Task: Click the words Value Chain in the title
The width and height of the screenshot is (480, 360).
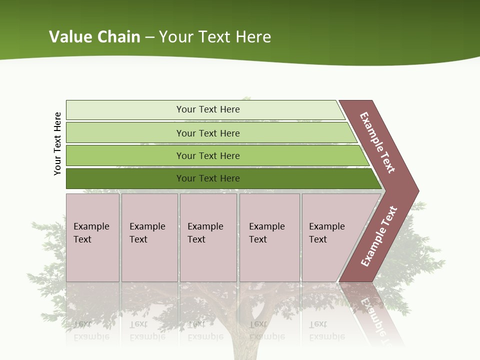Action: click(x=94, y=37)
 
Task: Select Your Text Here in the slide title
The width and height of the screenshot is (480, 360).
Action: click(x=215, y=37)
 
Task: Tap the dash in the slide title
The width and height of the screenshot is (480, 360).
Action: click(x=149, y=37)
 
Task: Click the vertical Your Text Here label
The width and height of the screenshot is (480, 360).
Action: click(x=57, y=143)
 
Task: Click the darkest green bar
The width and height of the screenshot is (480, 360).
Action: click(x=125, y=178)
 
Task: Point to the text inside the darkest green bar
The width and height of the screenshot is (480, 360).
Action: click(x=208, y=178)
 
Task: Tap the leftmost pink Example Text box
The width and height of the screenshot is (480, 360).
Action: click(x=92, y=237)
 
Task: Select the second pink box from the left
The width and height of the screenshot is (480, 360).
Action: click(x=149, y=237)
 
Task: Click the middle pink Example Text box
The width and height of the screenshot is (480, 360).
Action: click(x=208, y=237)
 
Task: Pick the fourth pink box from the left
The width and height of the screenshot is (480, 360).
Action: click(x=269, y=237)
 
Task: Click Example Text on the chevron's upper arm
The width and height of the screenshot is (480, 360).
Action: click(x=377, y=142)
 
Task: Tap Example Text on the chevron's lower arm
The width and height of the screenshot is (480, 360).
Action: click(x=379, y=236)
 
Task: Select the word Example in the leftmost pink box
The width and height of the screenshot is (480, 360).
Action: click(x=91, y=226)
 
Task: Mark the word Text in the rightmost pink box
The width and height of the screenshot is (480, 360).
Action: click(x=318, y=239)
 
